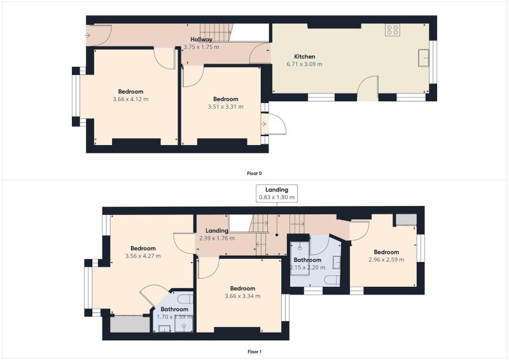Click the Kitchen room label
click(x=305, y=57)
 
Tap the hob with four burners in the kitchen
click(x=393, y=30)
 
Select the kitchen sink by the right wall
click(x=423, y=58)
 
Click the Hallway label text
click(x=201, y=39)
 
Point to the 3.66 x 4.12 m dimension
click(x=130, y=99)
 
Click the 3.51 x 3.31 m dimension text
click(x=226, y=107)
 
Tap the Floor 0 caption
click(x=254, y=174)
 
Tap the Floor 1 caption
click(x=254, y=352)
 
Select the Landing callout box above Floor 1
click(x=277, y=193)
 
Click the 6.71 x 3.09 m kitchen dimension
click(x=305, y=64)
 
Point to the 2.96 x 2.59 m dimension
click(x=386, y=260)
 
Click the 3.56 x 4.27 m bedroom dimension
click(x=143, y=256)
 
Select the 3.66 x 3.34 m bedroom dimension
click(x=242, y=296)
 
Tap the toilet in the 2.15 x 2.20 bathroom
click(x=332, y=280)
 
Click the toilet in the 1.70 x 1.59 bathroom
click(x=186, y=298)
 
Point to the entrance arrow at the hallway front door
click(x=88, y=36)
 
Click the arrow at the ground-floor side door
click(x=263, y=124)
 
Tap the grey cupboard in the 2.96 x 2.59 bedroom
click(x=406, y=220)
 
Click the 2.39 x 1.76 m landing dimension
click(x=217, y=239)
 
